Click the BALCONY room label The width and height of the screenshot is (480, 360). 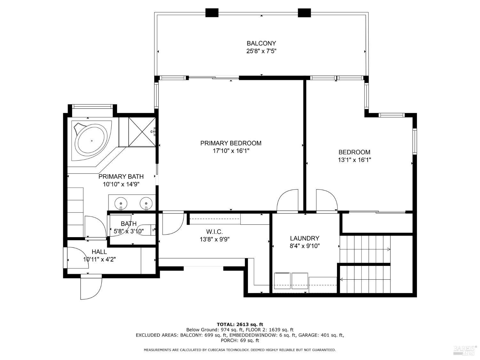pyautogui.click(x=261, y=43)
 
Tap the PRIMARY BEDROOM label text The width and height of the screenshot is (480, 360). pyautogui.click(x=231, y=143)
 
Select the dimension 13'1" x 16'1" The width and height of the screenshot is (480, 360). pyautogui.click(x=354, y=160)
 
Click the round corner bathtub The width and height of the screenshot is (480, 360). pyautogui.click(x=91, y=141)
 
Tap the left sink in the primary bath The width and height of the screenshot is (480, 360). pyautogui.click(x=121, y=203)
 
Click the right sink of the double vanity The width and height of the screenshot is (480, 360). pyautogui.click(x=146, y=203)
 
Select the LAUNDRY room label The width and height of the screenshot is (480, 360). pyautogui.click(x=304, y=238)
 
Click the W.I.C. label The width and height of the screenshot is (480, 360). pyautogui.click(x=214, y=232)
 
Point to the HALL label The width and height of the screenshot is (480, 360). pyautogui.click(x=99, y=252)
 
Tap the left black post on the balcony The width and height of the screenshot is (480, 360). pyautogui.click(x=212, y=13)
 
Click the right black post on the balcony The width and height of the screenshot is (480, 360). pyautogui.click(x=304, y=13)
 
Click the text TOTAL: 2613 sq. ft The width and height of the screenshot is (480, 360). pyautogui.click(x=240, y=324)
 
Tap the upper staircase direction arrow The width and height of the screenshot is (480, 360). pyautogui.click(x=388, y=249)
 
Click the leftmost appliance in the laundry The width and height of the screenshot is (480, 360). pyautogui.click(x=282, y=281)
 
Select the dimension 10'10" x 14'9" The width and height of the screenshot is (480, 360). pyautogui.click(x=121, y=184)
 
